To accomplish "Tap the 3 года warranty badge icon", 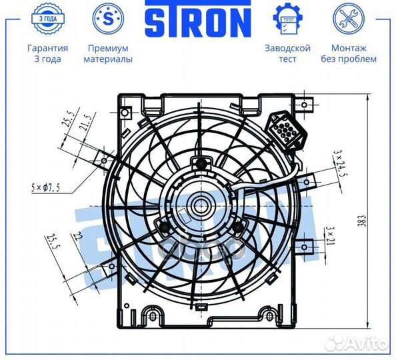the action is point(48,19).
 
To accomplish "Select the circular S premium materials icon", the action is point(108,19).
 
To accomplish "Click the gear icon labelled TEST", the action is point(287,19).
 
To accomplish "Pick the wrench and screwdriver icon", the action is point(349,19).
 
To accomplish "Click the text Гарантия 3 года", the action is point(48,53).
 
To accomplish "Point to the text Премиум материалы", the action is point(108,53).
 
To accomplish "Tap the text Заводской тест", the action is point(287,53).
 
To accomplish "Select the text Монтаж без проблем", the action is point(349,53).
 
